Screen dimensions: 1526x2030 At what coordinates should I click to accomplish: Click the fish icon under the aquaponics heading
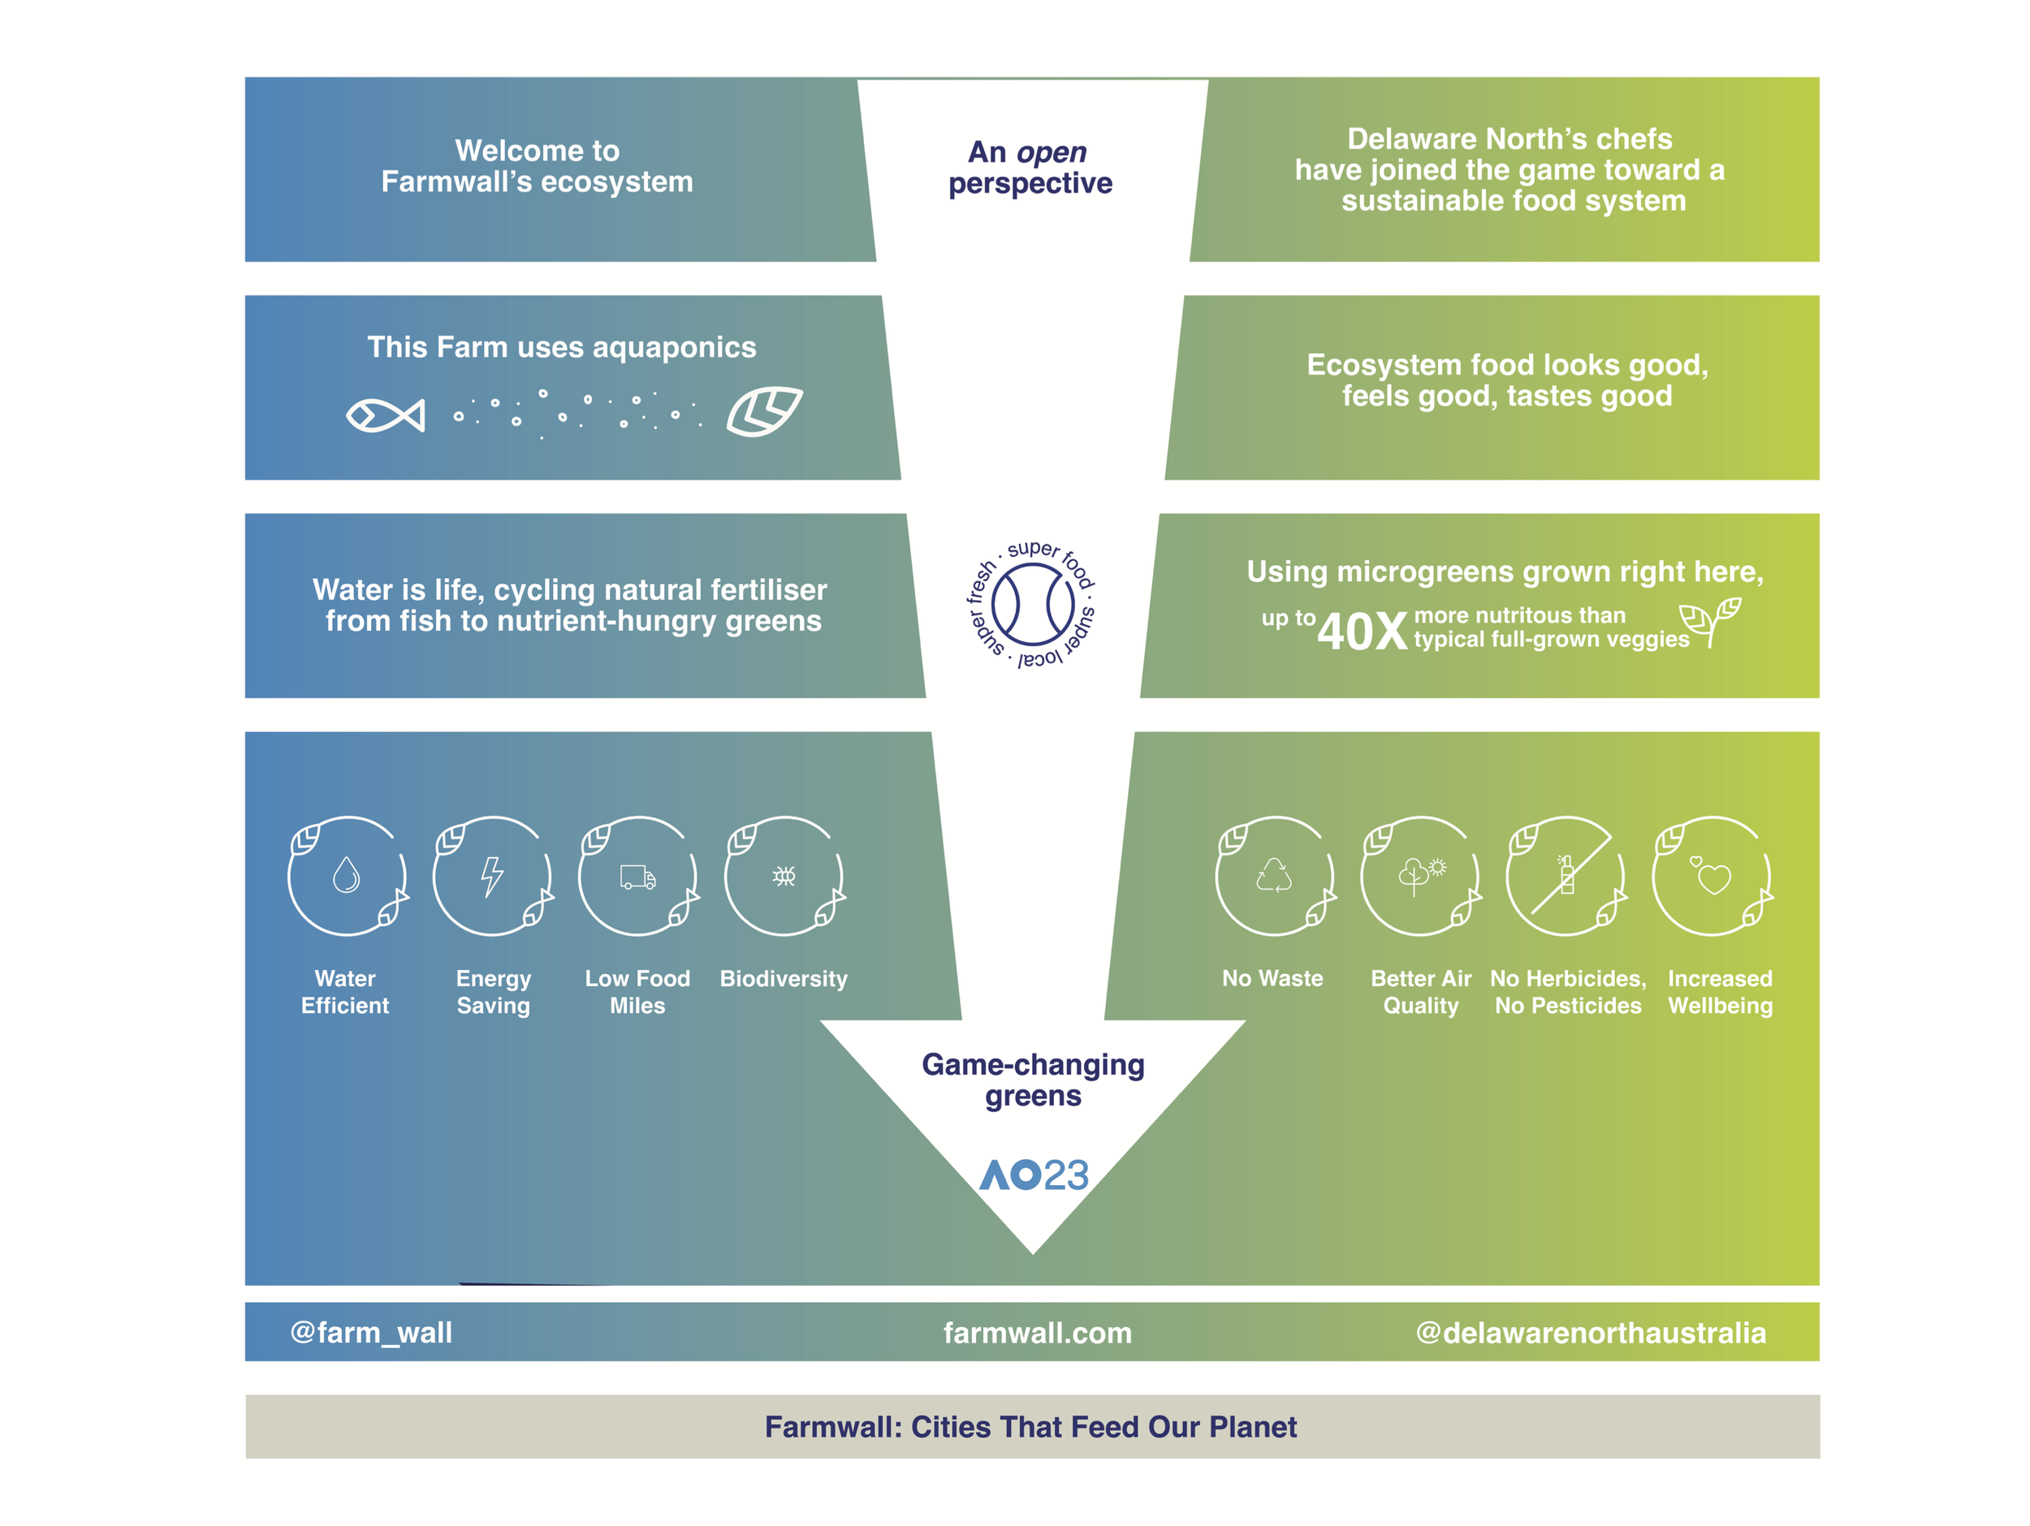click(x=386, y=416)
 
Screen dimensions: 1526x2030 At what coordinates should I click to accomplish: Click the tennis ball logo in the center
click(x=1032, y=605)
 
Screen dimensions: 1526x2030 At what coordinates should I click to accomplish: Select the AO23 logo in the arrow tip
click(x=1034, y=1175)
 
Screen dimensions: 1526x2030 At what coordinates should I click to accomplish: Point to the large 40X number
click(x=1361, y=632)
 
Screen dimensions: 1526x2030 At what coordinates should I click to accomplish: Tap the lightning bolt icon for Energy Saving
click(x=493, y=877)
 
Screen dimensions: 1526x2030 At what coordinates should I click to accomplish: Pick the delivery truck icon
click(x=637, y=877)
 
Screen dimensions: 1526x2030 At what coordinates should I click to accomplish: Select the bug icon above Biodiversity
click(x=784, y=877)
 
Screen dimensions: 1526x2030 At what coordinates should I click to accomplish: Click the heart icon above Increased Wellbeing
click(x=1712, y=877)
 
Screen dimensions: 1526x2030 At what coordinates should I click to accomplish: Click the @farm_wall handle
click(x=371, y=1331)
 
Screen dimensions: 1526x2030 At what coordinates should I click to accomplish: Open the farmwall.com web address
click(x=1037, y=1332)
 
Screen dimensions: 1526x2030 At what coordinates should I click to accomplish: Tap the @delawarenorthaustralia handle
click(x=1591, y=1332)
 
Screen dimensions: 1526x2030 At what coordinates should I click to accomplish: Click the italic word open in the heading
click(x=1052, y=153)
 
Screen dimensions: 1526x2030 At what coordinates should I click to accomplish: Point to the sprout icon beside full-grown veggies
click(x=1710, y=621)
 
